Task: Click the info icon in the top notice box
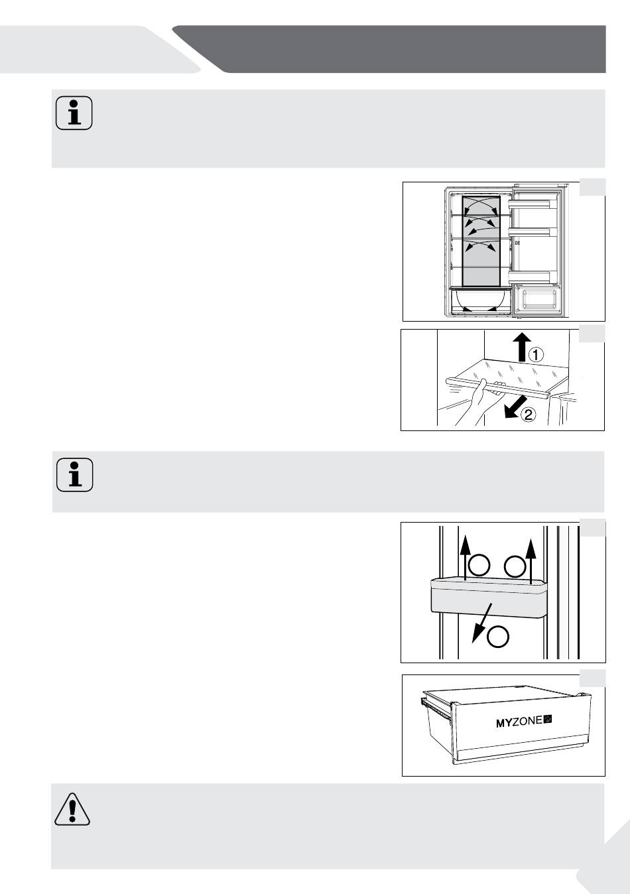tap(74, 113)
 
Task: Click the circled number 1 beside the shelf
tap(536, 354)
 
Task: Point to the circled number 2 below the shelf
tap(529, 416)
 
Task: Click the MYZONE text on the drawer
tap(519, 722)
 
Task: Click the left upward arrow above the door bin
tap(465, 557)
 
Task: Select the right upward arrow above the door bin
tap(530, 557)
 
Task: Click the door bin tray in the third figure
tap(489, 597)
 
